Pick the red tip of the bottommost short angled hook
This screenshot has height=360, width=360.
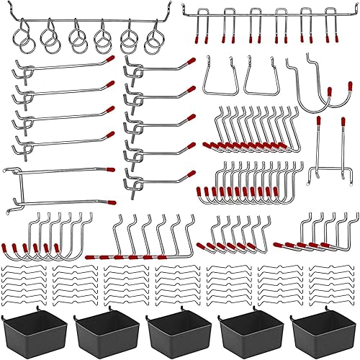click(x=191, y=174)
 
